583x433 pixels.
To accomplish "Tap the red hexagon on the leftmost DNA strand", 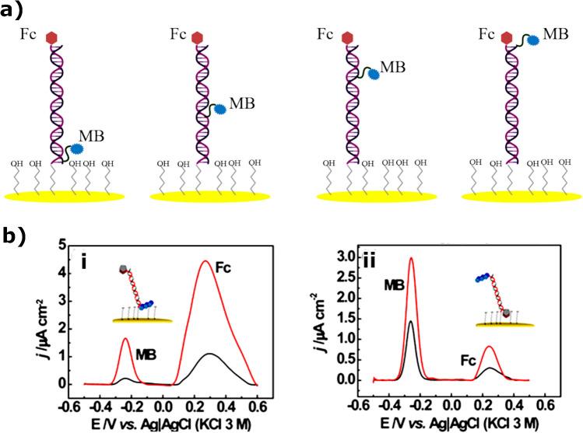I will [53, 37].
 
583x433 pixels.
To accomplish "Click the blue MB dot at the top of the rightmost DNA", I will [535, 40].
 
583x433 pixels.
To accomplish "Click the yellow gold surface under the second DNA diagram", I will [210, 197].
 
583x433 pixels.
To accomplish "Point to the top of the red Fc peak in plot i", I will [205, 261].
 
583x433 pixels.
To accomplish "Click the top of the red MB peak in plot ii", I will [411, 258].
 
